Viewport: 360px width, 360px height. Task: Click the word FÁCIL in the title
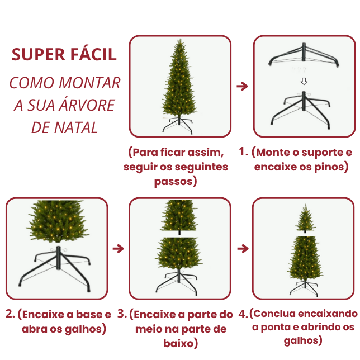coord(91,54)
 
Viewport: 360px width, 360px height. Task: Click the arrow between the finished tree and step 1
coord(242,87)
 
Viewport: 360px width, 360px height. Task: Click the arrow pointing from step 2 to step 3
coord(118,248)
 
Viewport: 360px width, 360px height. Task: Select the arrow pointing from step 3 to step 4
coord(242,248)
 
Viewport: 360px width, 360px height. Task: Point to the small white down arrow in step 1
coord(304,81)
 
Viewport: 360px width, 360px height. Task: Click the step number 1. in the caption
coord(243,152)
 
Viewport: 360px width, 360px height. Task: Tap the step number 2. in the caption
coord(10,314)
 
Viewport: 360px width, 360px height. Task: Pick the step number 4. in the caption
coord(243,314)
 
